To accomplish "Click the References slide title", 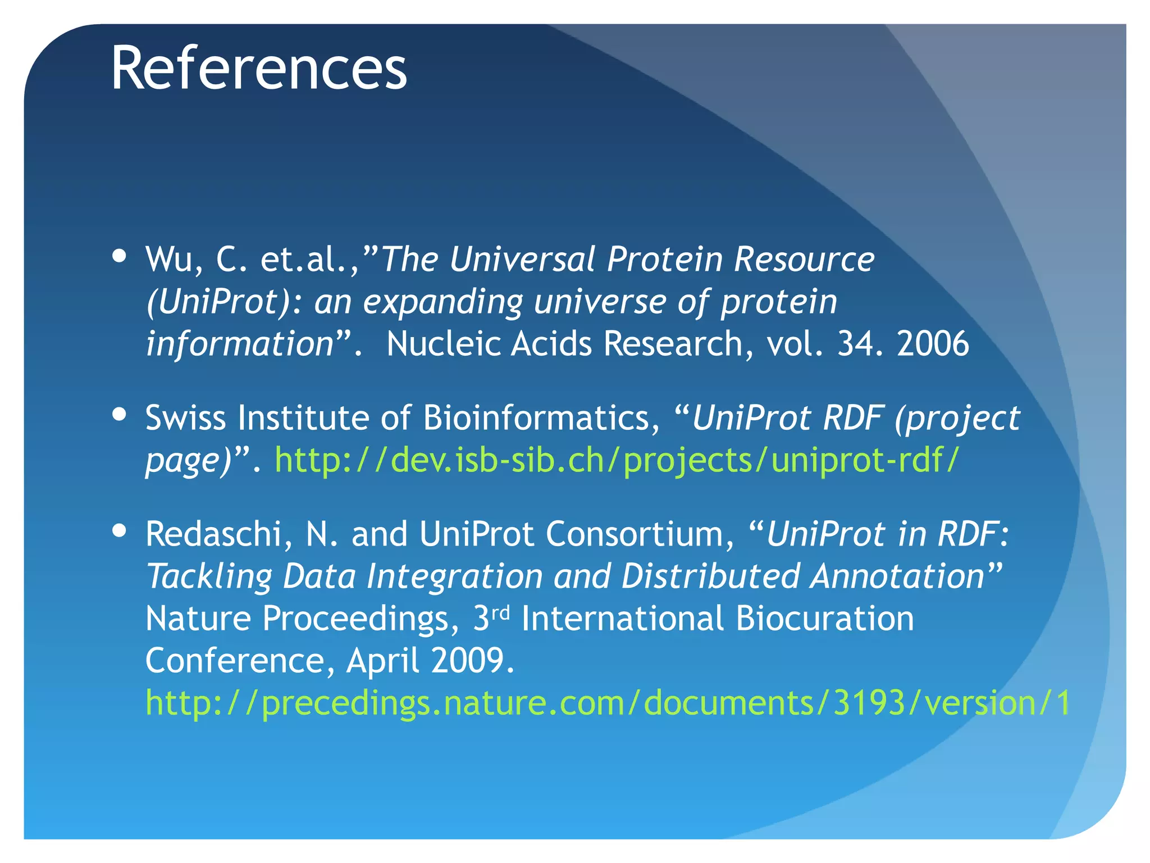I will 258,69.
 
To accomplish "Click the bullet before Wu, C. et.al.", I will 119,256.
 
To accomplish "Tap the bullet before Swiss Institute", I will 119,414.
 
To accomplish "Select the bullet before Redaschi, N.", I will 119,530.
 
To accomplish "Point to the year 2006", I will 933,344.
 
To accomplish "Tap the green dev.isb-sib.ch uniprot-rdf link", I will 617,461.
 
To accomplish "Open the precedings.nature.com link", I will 608,702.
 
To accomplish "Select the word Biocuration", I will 824,618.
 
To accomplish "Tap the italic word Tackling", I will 209,577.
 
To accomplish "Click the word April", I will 382,661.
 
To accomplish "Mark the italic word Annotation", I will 897,577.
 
